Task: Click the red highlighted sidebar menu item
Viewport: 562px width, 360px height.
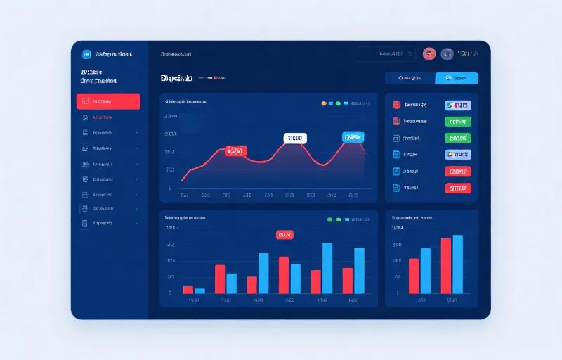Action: coord(108,101)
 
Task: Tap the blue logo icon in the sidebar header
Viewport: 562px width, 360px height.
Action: coord(87,53)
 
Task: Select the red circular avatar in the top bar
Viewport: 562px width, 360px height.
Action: coord(429,53)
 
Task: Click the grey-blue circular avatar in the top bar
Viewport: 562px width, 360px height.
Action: coord(446,53)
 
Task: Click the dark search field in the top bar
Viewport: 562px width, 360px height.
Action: coord(386,53)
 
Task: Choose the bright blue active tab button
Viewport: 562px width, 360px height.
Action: coord(457,78)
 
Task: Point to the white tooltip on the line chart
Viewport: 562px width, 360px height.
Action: coord(295,139)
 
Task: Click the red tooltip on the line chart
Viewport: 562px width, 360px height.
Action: coord(235,150)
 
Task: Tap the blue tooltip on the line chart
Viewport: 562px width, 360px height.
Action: coord(353,136)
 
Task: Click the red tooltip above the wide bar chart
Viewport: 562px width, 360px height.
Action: coord(285,234)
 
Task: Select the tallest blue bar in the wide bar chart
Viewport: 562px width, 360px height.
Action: coord(327,268)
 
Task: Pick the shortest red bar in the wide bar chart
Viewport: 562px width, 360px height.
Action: coord(188,289)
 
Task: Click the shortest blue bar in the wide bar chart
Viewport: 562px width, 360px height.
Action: coord(200,290)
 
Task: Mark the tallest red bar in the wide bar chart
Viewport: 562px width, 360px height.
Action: coord(284,275)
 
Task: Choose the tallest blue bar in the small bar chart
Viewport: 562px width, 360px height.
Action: coord(458,264)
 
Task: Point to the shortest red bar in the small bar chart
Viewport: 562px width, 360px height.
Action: coord(414,276)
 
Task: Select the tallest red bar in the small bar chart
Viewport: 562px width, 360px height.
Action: coord(445,266)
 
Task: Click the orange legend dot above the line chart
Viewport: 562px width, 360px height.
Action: coord(323,103)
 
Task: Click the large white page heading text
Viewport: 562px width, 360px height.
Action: coord(176,77)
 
